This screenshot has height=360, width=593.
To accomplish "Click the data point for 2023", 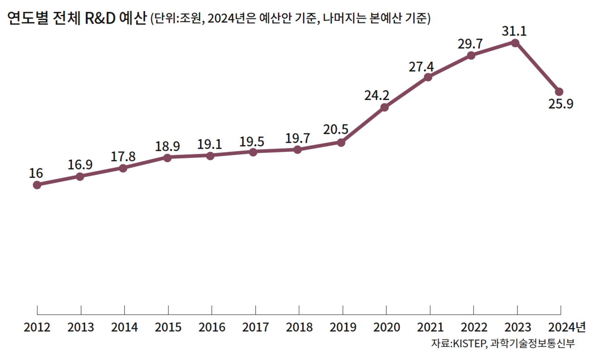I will (515, 43).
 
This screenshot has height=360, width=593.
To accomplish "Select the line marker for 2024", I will (559, 91).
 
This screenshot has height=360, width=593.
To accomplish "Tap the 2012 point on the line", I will (37, 185).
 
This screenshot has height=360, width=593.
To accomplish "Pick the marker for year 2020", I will (385, 107).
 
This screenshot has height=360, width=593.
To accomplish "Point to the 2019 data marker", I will (341, 143).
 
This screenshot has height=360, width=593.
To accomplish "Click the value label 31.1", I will (514, 32).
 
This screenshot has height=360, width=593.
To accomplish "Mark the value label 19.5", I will (252, 141).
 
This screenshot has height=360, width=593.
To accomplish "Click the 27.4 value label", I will (421, 66).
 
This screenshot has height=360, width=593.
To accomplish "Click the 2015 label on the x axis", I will (168, 328).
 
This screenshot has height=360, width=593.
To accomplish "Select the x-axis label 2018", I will (299, 328).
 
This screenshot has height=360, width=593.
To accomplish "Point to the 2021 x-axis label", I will (430, 328).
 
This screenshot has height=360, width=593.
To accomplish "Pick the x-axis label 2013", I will (81, 328).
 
